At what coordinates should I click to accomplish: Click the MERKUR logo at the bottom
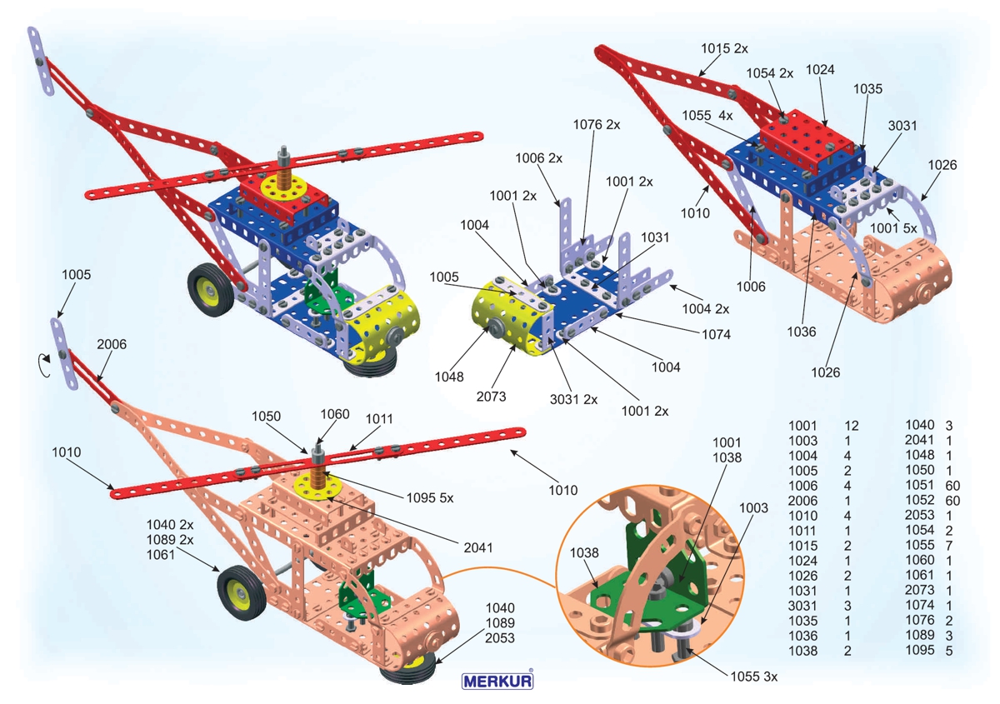pos(498,680)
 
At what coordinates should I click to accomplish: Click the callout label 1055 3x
pos(753,676)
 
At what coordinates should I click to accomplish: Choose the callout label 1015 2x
pos(724,48)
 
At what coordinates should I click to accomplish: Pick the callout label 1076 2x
pos(597,125)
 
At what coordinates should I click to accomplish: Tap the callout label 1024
pos(820,71)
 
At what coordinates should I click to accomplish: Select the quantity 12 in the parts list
pos(851,426)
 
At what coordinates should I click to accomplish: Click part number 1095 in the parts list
pos(920,651)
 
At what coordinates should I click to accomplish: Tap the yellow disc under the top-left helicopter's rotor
pos(284,187)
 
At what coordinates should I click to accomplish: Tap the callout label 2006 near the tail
pos(112,344)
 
